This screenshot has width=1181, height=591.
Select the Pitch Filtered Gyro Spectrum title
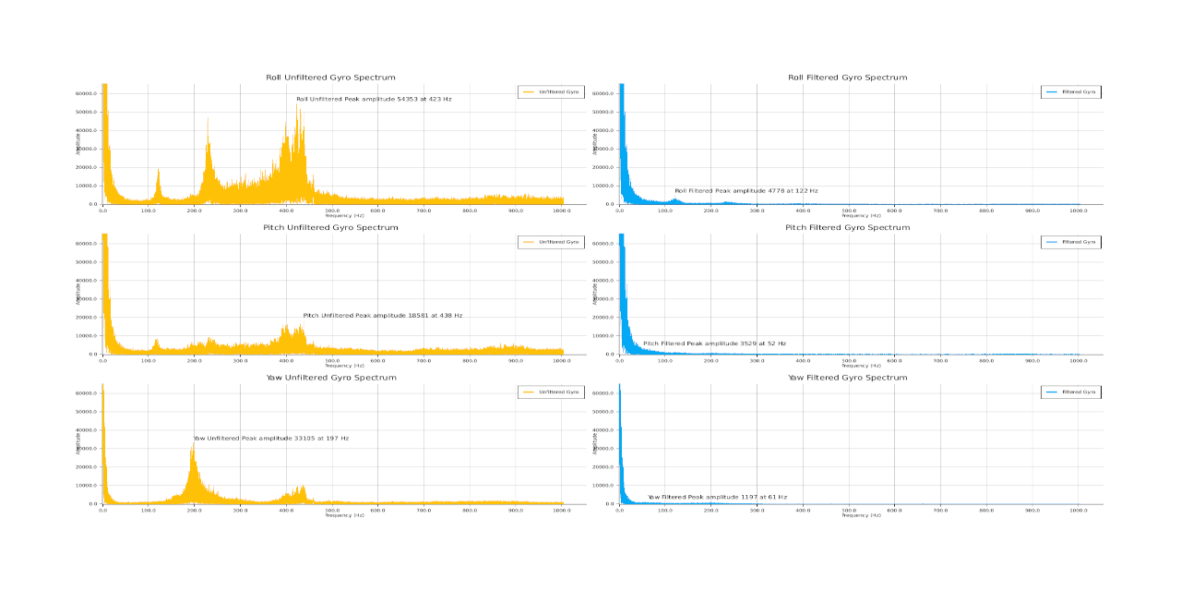847,227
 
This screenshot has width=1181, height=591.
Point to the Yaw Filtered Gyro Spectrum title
847,377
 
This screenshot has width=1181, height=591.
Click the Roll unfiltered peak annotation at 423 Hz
374,99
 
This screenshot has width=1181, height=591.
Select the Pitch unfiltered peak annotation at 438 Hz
382,316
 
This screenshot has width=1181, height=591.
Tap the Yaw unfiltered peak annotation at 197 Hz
271,439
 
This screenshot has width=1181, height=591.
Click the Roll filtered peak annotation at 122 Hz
746,191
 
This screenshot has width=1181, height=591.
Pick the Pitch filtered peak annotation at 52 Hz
714,344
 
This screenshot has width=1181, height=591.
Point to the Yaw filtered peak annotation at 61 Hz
717,497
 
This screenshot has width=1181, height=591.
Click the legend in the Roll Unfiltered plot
551,91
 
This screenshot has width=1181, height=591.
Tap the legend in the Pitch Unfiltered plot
551,242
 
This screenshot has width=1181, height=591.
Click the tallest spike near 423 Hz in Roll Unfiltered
297,106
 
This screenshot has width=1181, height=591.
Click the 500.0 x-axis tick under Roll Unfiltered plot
332,211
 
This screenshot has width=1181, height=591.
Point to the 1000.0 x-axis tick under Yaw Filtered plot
1078,510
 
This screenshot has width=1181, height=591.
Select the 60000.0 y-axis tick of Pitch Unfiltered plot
87,244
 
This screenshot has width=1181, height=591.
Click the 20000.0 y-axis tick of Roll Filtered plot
603,167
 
